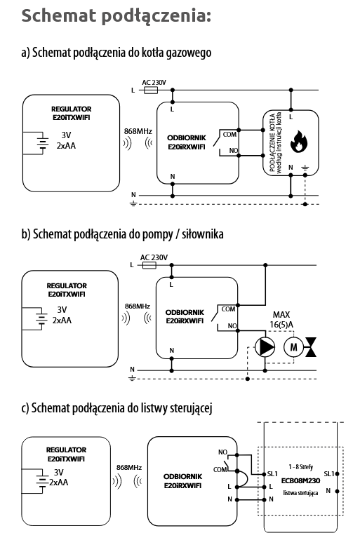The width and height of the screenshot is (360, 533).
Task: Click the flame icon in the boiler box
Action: (x=298, y=141)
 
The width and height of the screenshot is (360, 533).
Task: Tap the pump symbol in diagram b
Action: (x=265, y=346)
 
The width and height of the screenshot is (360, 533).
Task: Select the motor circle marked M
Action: (x=293, y=347)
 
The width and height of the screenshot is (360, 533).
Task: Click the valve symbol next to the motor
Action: (x=311, y=347)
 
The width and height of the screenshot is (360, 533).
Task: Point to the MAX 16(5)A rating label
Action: (x=281, y=320)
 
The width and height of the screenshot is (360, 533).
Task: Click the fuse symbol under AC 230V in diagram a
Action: (x=150, y=90)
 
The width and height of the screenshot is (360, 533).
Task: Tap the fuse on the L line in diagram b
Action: (x=149, y=265)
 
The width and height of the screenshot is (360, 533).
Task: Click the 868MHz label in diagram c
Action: (x=129, y=467)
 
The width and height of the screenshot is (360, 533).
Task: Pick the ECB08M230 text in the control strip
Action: (x=300, y=480)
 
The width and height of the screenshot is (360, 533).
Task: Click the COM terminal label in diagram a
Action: (x=229, y=135)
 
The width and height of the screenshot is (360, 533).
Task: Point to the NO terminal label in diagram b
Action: (x=232, y=325)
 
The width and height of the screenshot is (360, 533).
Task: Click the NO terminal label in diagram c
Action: (x=222, y=452)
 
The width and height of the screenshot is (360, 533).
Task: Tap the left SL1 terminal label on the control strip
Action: (x=272, y=473)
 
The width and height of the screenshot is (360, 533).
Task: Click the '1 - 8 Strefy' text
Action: (x=301, y=467)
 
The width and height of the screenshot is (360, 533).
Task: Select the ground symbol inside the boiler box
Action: (x=305, y=168)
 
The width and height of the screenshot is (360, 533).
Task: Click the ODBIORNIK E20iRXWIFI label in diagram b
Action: (x=185, y=316)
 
